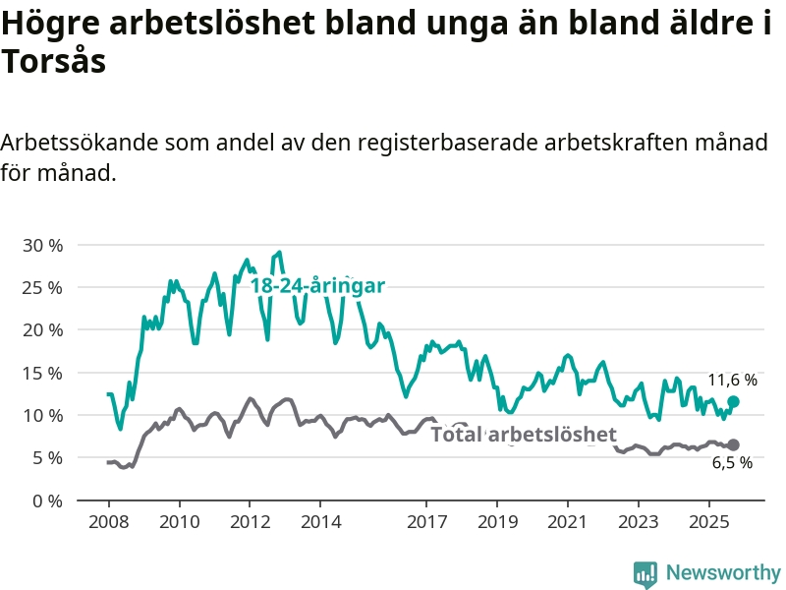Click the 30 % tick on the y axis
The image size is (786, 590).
click(x=41, y=245)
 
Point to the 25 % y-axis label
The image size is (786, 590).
click(x=41, y=287)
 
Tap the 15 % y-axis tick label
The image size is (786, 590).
click(x=41, y=373)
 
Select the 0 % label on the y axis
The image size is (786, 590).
click(x=46, y=501)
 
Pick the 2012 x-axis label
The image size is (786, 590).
click(x=250, y=520)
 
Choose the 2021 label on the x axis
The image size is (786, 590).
click(x=568, y=520)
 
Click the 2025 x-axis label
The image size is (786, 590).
click(x=709, y=520)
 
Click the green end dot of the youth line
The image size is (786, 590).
click(x=733, y=402)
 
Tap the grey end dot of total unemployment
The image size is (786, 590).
click(x=733, y=444)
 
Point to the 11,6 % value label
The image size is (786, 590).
click(x=733, y=380)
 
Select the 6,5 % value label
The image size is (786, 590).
click(x=732, y=462)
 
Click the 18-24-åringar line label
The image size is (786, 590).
click(x=316, y=285)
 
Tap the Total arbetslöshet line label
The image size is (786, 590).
click(x=524, y=435)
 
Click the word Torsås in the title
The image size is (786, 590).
click(x=53, y=61)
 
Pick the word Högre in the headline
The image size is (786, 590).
click(x=48, y=25)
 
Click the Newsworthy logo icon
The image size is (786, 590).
click(x=646, y=573)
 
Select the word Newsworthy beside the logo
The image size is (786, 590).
click(x=723, y=572)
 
